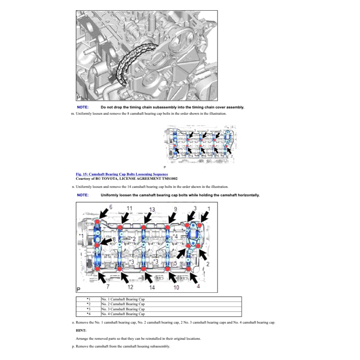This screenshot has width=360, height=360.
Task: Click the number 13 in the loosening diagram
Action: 152,209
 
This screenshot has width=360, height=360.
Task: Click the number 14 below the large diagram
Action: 152,287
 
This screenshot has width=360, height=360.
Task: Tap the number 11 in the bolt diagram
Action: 129,208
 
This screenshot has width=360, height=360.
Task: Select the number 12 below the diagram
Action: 130,287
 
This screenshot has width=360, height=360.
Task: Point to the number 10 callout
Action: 176,287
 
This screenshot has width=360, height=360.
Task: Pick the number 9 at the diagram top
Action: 175,209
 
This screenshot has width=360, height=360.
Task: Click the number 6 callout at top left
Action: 111,207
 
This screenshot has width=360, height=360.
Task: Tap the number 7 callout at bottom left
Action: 108,286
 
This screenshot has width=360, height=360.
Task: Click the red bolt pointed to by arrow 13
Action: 143,226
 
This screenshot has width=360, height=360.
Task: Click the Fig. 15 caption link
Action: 122,174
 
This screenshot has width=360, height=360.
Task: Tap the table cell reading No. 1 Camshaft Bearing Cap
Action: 123,299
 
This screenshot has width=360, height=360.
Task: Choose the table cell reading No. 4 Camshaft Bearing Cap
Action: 123,314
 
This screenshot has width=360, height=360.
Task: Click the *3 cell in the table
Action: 89,309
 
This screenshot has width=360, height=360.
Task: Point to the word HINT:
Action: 81,331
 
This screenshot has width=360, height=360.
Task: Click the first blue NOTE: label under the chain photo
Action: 83,107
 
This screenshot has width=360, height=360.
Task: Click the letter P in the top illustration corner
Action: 78,97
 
